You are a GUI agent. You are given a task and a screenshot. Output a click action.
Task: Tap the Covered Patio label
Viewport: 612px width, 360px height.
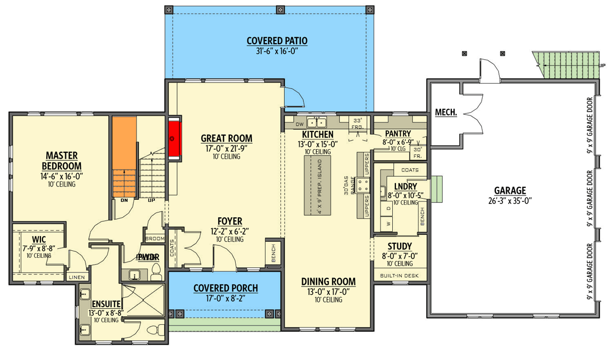click(x=277, y=41)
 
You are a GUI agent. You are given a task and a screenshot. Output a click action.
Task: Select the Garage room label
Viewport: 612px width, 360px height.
click(x=509, y=190)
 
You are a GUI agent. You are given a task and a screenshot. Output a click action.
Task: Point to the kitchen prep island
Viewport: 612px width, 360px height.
click(x=317, y=185)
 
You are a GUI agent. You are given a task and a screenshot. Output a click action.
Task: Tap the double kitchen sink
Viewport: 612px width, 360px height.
click(x=317, y=122)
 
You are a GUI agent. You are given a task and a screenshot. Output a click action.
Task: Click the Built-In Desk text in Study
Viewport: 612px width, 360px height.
click(x=399, y=276)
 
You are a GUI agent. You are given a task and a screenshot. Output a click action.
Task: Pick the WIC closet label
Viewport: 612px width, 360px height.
click(x=38, y=239)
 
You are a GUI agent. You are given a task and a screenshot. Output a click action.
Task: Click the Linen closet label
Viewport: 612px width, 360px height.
click(x=75, y=277)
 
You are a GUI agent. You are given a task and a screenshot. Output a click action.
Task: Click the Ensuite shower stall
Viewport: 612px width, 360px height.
click(x=143, y=302)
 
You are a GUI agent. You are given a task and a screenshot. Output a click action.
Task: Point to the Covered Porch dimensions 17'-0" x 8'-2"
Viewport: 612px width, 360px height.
click(x=225, y=298)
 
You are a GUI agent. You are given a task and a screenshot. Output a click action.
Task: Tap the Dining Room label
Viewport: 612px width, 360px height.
click(x=328, y=281)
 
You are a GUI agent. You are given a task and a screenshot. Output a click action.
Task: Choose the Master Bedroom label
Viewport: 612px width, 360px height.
click(x=62, y=160)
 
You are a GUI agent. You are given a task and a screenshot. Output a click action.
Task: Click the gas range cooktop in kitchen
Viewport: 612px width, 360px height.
click(x=363, y=185)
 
